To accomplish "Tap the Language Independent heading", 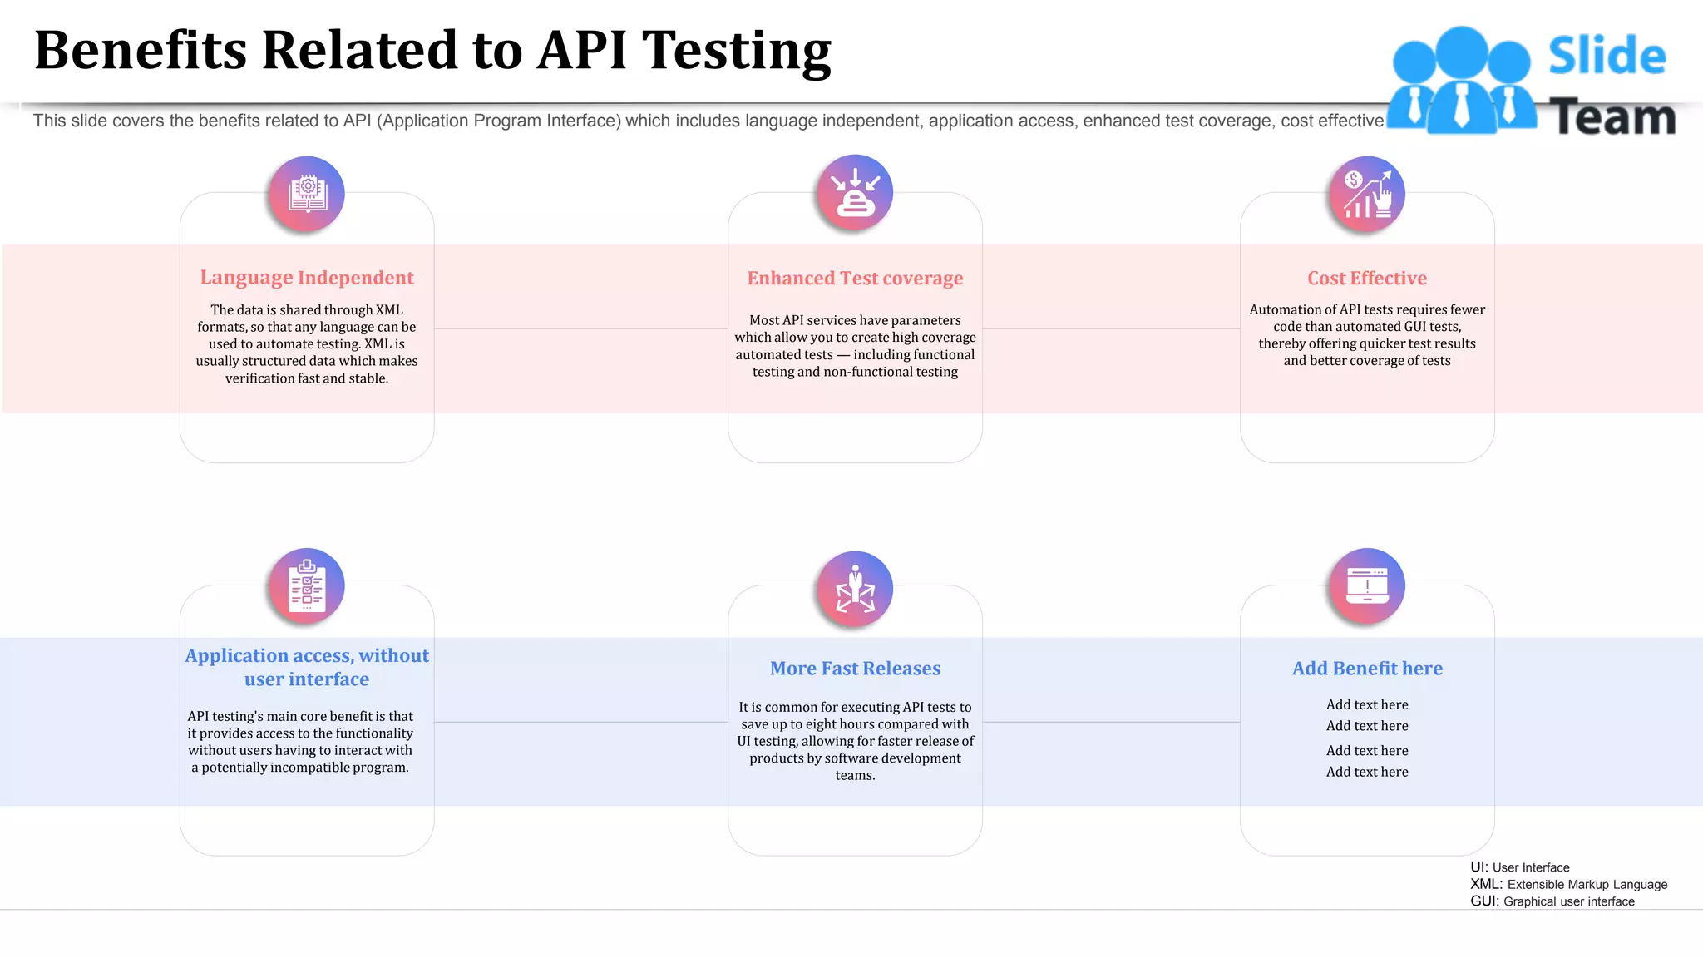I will pyautogui.click(x=307, y=278).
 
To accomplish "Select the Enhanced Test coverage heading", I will pyautogui.click(x=855, y=279).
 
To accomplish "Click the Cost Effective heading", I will pyautogui.click(x=1367, y=279).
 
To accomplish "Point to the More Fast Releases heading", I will pyautogui.click(x=855, y=669).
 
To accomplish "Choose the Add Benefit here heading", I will pyautogui.click(x=1367, y=669).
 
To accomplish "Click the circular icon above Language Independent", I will pyautogui.click(x=307, y=195).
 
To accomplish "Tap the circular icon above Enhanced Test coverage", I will pyautogui.click(x=855, y=193).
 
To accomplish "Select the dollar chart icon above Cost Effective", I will pyautogui.click(x=1367, y=195).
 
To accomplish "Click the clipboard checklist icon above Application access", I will pyautogui.click(x=307, y=586).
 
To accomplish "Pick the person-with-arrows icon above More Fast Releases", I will pyautogui.click(x=855, y=589).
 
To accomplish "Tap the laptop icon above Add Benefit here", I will pyautogui.click(x=1367, y=586).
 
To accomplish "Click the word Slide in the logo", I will pyautogui.click(x=1607, y=56).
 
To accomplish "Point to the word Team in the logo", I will pyautogui.click(x=1612, y=117).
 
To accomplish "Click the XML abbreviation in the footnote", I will pyautogui.click(x=1485, y=884).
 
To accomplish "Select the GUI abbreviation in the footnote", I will pyautogui.click(x=1485, y=901).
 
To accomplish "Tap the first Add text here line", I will pyautogui.click(x=1367, y=704).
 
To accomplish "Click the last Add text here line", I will pyautogui.click(x=1367, y=772).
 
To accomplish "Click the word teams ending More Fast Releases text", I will pyautogui.click(x=855, y=775).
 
